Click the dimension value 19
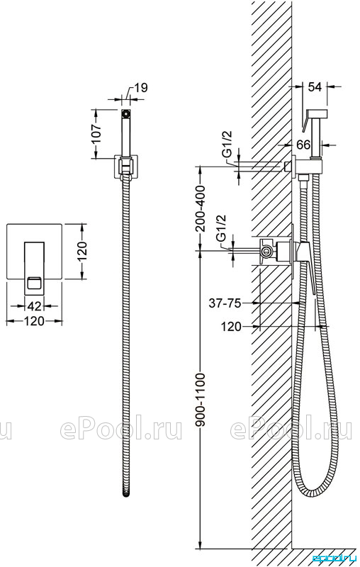tap(141, 88)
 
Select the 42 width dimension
tap(34, 306)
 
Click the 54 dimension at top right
tap(315, 86)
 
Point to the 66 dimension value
tap(303, 145)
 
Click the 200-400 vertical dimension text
tap(200, 208)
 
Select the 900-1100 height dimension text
tap(200, 400)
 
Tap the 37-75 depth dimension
tap(225, 303)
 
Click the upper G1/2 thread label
tap(227, 145)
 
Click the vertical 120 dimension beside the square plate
tap(82, 252)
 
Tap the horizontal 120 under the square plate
tap(34, 321)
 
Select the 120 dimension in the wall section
tap(231, 327)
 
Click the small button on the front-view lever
tap(35, 282)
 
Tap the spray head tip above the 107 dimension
tap(125, 113)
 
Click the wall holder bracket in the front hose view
tap(125, 167)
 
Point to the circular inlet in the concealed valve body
tap(267, 251)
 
